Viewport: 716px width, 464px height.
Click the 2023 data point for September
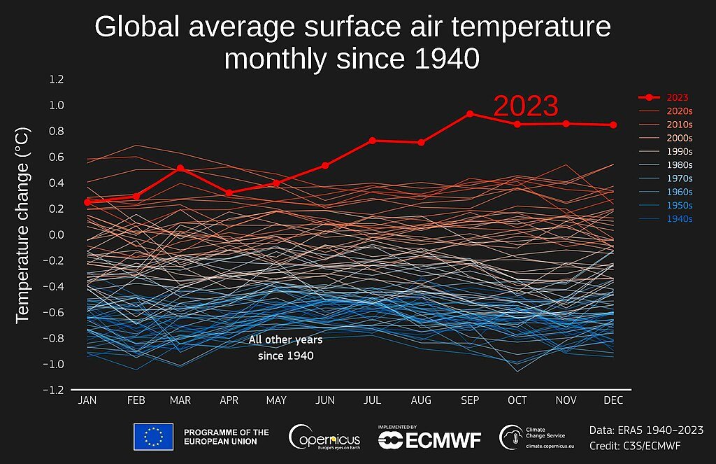tap(470, 113)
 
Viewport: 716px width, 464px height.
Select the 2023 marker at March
tap(180, 168)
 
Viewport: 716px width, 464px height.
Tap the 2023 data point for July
tap(373, 141)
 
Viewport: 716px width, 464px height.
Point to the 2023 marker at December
tap(614, 125)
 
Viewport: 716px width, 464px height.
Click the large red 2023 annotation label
tap(526, 106)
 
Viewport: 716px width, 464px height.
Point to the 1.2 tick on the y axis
tap(56, 79)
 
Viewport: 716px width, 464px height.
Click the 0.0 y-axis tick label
tap(56, 235)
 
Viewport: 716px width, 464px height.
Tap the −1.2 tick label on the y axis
tap(54, 391)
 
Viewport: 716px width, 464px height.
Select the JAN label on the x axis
tap(87, 400)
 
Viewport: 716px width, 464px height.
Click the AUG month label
tap(421, 400)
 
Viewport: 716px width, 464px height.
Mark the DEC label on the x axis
tap(613, 400)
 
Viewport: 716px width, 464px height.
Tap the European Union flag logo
tap(153, 437)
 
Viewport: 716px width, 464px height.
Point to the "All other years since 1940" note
tap(285, 348)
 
